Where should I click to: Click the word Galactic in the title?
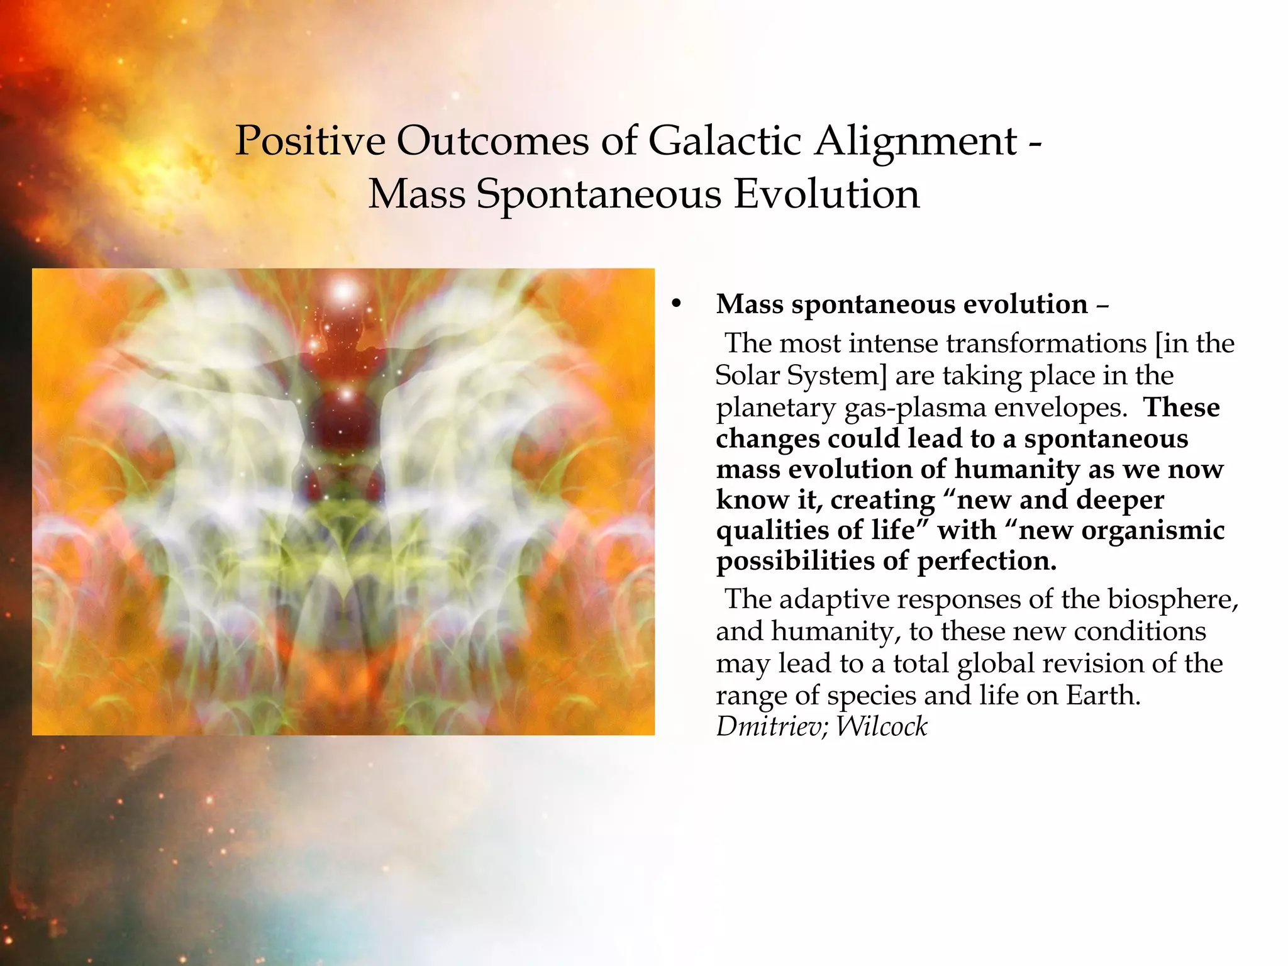pos(724,140)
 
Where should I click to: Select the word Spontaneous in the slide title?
pos(598,194)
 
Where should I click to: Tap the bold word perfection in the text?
pos(987,560)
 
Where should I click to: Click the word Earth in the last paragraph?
pos(1102,695)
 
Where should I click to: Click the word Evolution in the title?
pos(826,194)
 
